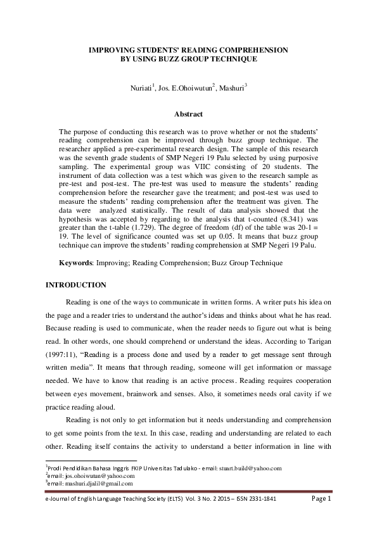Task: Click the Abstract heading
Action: point(188,115)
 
